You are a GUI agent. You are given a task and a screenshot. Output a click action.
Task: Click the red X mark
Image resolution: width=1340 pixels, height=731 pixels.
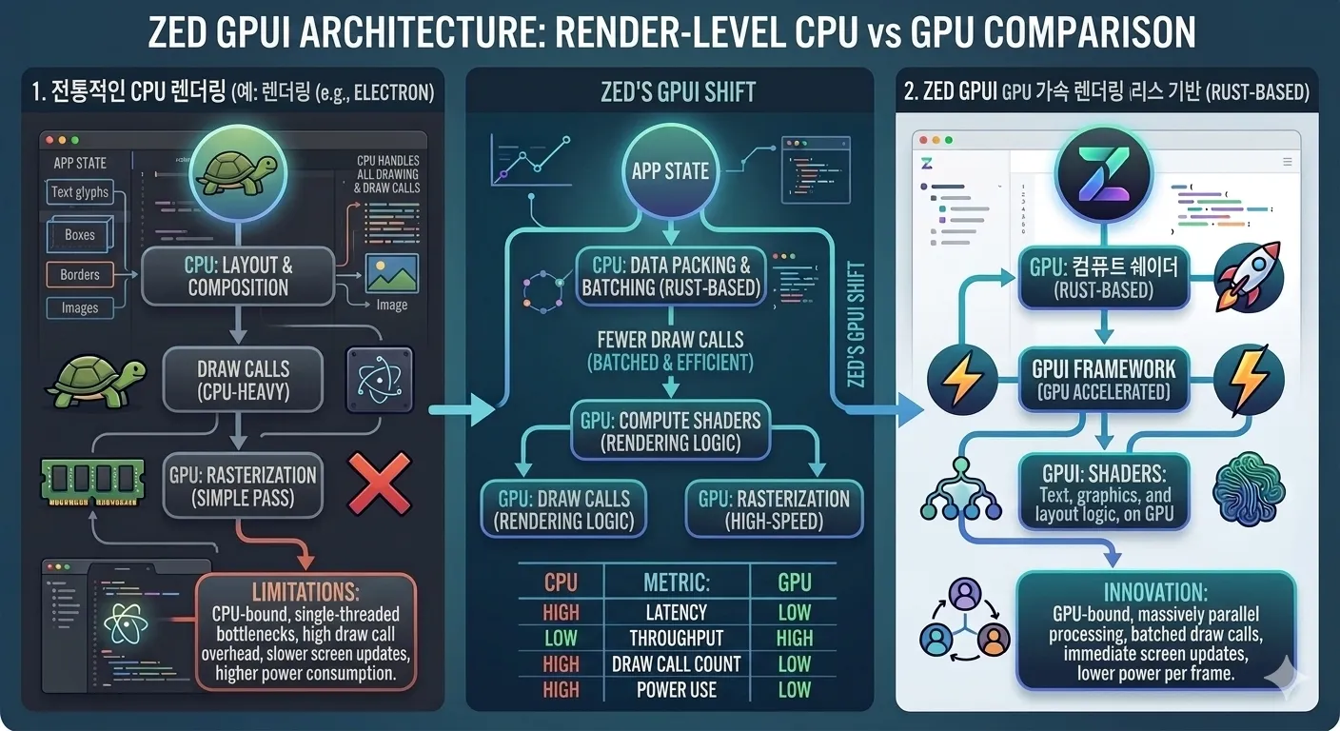point(380,484)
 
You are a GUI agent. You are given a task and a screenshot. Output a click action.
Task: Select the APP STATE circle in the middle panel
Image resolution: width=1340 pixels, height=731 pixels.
point(671,171)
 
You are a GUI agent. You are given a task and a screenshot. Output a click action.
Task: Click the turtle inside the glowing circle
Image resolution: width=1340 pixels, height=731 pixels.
point(238,171)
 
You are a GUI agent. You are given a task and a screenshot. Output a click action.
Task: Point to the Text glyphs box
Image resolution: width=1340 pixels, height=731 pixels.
point(80,192)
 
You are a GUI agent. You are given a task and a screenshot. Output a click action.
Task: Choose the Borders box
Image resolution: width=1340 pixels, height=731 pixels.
point(80,274)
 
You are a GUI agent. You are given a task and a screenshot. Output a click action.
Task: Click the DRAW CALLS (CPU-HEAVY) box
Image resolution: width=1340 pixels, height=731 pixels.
point(243,380)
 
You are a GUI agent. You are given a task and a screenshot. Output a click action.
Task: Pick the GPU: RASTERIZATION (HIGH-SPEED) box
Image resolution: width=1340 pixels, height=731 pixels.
point(774,510)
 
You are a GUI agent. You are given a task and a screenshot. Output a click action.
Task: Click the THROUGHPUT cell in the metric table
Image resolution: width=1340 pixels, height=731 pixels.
point(676,638)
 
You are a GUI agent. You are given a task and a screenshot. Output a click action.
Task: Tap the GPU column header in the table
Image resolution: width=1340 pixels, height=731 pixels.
point(794,583)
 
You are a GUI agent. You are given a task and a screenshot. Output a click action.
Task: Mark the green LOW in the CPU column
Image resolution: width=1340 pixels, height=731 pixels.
point(561,638)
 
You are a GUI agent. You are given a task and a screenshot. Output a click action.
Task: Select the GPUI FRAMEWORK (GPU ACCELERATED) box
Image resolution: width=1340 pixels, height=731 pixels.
point(1104,380)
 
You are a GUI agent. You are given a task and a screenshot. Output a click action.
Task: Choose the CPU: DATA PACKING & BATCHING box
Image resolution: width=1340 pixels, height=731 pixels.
point(671,275)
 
